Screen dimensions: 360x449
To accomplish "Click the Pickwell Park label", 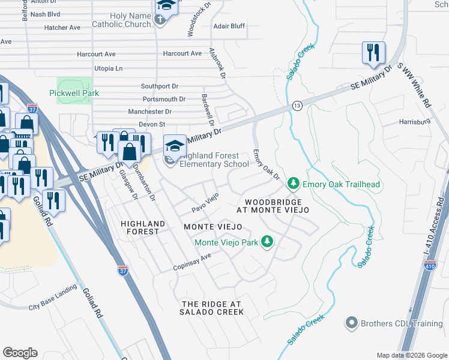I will [x=75, y=93].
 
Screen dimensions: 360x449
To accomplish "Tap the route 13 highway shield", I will [x=297, y=105].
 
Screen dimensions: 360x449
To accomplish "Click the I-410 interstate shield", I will [x=430, y=266].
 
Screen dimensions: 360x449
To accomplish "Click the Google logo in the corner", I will [x=20, y=353].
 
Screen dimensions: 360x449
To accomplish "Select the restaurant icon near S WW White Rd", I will [x=373, y=53].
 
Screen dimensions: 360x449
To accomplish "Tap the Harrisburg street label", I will [x=415, y=121].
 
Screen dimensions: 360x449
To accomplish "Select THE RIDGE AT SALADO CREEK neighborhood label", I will [x=213, y=308].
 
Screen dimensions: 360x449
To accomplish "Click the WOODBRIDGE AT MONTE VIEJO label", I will [x=273, y=206].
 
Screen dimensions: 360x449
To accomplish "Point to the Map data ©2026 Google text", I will [x=411, y=355].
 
